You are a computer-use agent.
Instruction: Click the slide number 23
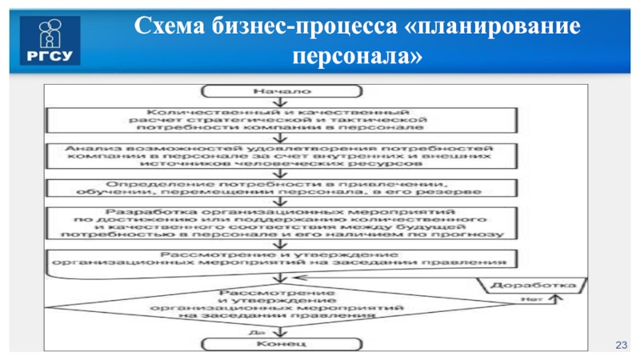(x=620, y=343)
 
